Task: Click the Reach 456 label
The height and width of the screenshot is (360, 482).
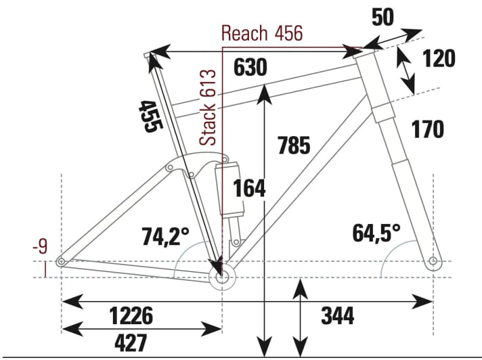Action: (262, 34)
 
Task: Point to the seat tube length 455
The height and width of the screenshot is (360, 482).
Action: (148, 116)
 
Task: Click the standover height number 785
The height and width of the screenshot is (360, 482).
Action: (293, 145)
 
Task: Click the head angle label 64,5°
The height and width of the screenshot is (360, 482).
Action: (376, 233)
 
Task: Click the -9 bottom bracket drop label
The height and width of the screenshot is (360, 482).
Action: (42, 246)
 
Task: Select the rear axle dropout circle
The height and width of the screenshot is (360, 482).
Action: (62, 262)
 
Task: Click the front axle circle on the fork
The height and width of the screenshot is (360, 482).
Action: (433, 261)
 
